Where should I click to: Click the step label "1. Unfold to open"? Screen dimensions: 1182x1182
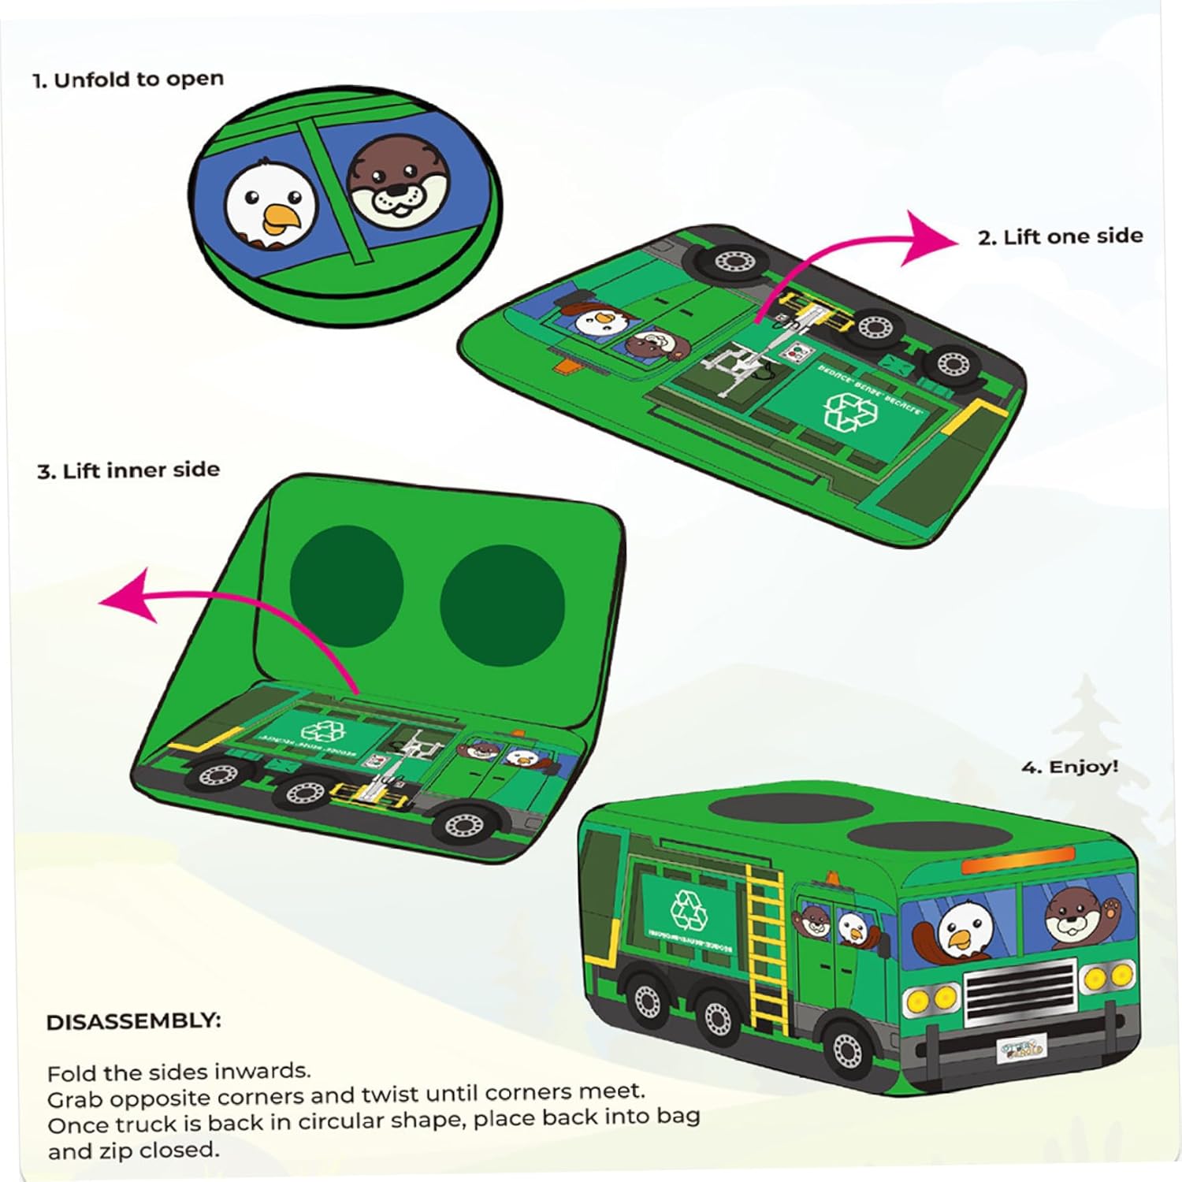128,80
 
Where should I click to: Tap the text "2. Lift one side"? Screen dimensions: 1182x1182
1060,236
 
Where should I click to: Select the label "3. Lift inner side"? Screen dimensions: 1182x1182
128,471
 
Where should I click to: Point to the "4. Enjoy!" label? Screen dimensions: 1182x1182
1069,767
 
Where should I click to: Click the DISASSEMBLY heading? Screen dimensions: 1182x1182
134,1022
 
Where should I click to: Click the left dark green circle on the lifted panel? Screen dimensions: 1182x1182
347,586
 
